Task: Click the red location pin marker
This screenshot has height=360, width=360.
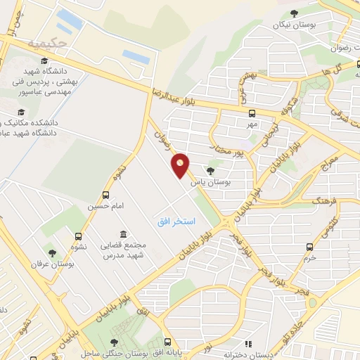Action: [181, 166]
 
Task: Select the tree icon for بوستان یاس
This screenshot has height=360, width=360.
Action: [211, 171]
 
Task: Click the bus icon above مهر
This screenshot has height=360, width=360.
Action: [251, 113]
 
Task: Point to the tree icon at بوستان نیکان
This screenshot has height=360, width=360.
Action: [293, 13]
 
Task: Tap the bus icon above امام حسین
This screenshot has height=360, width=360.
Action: [105, 195]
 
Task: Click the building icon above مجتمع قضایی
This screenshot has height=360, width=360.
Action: [124, 234]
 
